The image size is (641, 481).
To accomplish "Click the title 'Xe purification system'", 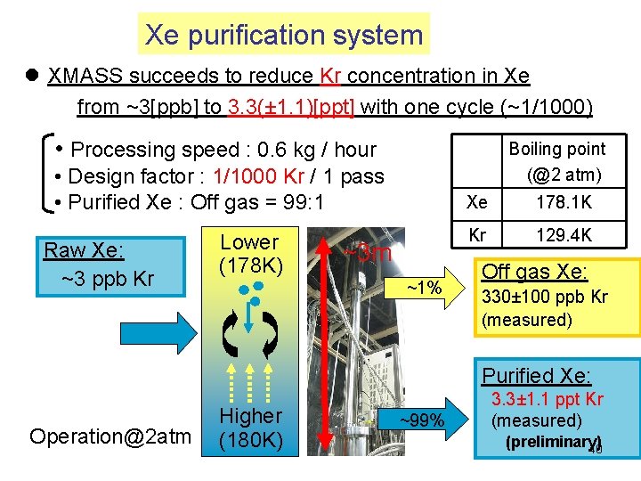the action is (x=284, y=35).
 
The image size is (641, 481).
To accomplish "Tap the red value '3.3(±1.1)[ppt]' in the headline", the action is (x=291, y=108).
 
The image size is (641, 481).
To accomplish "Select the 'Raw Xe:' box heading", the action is (x=85, y=250).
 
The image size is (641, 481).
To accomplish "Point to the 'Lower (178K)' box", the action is (x=250, y=254).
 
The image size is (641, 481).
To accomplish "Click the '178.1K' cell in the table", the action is (x=564, y=203).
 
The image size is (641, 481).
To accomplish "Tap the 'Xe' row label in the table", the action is (x=477, y=203).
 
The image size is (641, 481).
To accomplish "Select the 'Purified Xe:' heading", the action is (x=536, y=376).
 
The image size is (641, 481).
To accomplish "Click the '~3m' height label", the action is (x=368, y=252).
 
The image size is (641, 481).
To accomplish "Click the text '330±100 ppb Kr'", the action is (x=544, y=298).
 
